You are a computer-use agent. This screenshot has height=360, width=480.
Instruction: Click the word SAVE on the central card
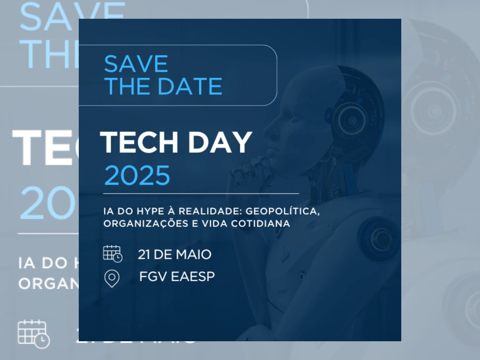pos(136,64)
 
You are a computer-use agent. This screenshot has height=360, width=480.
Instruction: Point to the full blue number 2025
pos(137,175)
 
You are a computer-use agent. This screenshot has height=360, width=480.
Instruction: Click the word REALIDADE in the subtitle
pos(207,211)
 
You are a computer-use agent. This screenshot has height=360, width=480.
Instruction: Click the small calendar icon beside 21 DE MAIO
pos(112,254)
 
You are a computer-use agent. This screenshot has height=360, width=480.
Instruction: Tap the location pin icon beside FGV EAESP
pos(112,278)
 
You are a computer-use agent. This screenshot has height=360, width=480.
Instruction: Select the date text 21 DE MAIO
pos(174,255)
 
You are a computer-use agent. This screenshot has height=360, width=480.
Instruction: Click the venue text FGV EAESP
pos(177,277)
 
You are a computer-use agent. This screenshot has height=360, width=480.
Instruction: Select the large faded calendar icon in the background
pos(33,334)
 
